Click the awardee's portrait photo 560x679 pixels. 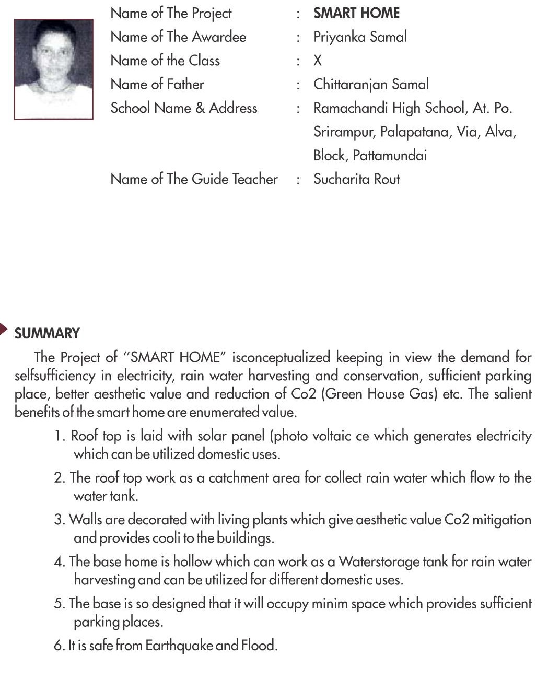pos(53,69)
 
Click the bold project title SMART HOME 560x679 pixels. pos(356,13)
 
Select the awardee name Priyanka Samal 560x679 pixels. pos(360,37)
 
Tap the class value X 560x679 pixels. pos(318,61)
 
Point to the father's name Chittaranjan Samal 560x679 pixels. pos(371,84)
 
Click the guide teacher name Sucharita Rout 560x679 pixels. pos(356,179)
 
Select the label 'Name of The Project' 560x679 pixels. pos(171,14)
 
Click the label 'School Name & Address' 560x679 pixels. pos(184,108)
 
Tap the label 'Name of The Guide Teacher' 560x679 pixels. pos(194,179)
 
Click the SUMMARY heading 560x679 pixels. pos(47,333)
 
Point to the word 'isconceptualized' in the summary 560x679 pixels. pos(281,358)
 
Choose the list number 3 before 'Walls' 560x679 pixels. pos(59,520)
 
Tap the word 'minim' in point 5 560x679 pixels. pos(329,604)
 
